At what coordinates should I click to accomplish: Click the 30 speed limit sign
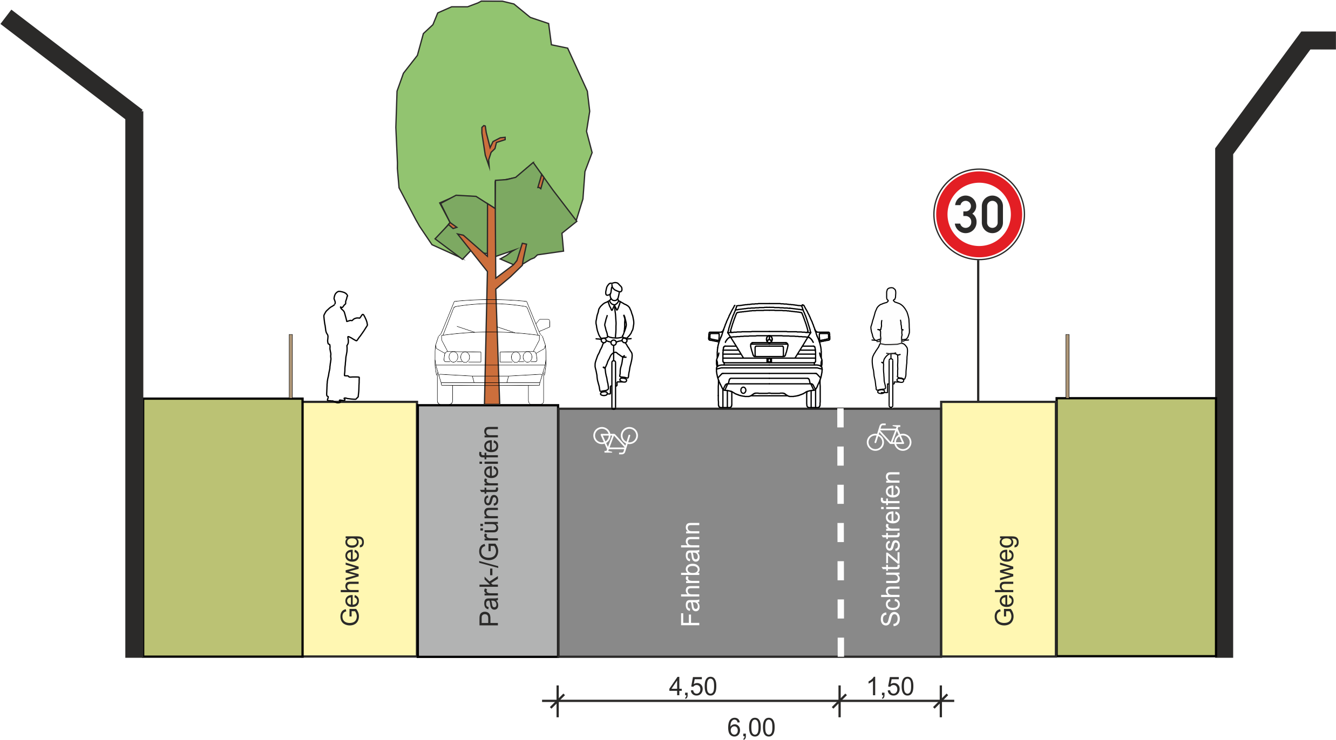coord(979,214)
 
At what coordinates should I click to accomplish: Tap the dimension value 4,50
coord(693,687)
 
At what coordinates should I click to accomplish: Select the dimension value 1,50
coord(890,687)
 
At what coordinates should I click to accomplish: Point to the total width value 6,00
coord(751,728)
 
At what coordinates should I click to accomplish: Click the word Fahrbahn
coord(690,574)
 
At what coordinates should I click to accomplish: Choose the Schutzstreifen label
coord(891,549)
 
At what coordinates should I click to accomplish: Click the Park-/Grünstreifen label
coord(489,526)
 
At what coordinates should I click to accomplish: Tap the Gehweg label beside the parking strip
coord(351,580)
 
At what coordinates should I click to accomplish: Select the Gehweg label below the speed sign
coord(1005,580)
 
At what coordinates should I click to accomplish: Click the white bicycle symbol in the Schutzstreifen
coord(889,437)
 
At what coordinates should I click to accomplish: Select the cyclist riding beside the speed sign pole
coord(890,347)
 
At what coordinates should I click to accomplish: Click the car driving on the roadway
coord(769,355)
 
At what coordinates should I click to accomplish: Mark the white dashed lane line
coord(840,532)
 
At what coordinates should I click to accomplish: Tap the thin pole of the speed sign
coord(978,330)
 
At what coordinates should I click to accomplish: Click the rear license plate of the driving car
coord(769,351)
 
